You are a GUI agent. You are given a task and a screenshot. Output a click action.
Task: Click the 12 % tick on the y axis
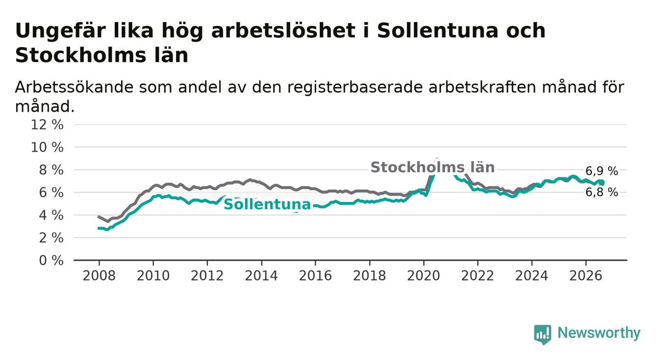[x=47, y=125]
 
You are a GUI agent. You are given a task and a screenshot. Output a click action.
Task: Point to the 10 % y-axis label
[x=47, y=147]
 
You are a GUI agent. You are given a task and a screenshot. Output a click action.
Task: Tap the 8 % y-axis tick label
[x=51, y=170]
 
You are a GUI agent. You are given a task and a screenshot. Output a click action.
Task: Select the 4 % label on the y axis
[x=51, y=215]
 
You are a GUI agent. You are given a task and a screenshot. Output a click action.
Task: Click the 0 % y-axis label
[x=51, y=260]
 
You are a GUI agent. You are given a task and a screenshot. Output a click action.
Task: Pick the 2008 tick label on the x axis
[x=99, y=276]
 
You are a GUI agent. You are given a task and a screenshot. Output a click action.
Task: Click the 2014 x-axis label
[x=261, y=276]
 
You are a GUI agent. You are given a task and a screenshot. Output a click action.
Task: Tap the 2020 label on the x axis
[x=424, y=276]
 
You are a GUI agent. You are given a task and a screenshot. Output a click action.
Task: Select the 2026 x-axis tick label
[x=586, y=276]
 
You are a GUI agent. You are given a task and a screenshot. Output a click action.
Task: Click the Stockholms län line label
[x=432, y=167]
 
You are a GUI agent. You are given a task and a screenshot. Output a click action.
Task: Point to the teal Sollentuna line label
[x=267, y=204]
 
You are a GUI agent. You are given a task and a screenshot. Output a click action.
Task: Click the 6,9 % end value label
[x=602, y=171]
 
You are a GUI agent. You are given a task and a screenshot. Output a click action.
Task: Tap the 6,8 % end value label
[x=602, y=192]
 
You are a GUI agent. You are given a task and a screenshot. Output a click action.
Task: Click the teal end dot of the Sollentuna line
[x=602, y=183]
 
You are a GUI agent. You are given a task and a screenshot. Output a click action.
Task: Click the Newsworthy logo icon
[x=543, y=334]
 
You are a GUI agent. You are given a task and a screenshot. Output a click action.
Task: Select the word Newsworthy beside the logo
[x=599, y=333]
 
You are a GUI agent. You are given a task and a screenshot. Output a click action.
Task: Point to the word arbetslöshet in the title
[x=283, y=30]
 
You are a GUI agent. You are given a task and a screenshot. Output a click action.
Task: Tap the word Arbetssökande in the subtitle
[x=74, y=87]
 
